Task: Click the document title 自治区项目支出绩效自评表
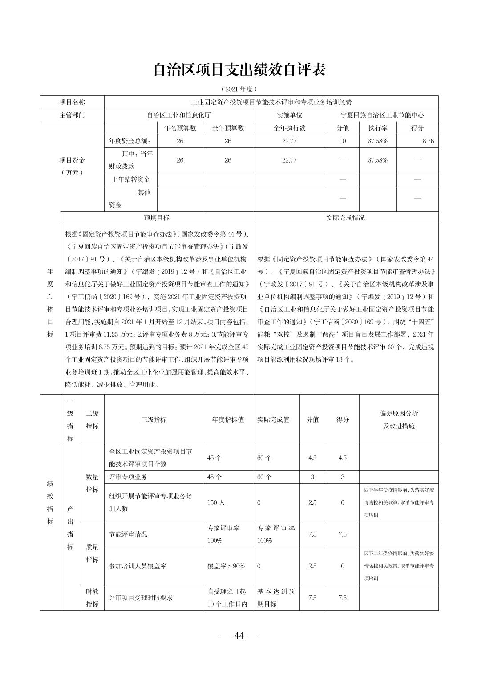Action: coord(239,70)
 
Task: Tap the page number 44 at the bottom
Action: coord(239,636)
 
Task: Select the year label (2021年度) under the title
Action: coord(239,89)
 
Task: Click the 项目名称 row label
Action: coord(72,102)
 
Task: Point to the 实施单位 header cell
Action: coord(289,115)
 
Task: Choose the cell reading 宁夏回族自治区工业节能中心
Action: coord(382,115)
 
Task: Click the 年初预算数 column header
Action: coord(180,128)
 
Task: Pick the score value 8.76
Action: coord(428,141)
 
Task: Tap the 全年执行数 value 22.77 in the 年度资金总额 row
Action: coord(289,141)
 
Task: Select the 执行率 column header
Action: coord(377,128)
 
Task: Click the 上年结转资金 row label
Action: coord(130,179)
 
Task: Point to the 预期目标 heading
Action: coord(157,218)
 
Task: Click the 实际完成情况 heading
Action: coord(345,218)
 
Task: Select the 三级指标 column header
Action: coord(154,420)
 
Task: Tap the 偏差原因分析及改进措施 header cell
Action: coord(399,420)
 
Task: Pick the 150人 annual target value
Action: coord(216,502)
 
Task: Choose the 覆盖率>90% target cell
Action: coord(226,566)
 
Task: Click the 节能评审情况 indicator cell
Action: coord(128,534)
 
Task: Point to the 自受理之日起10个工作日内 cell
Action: coord(227,598)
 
